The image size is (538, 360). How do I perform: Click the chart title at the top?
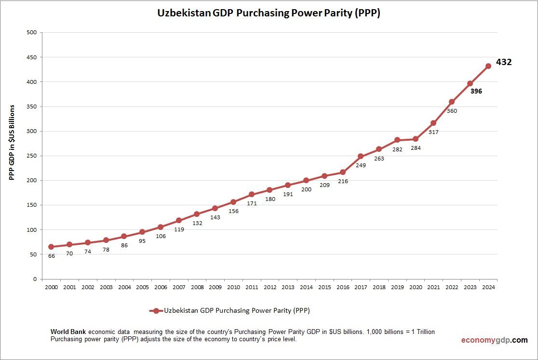[x=269, y=13]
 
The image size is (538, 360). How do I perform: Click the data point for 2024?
[x=488, y=66]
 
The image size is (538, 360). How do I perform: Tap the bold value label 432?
[x=504, y=62]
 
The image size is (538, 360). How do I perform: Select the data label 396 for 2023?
[x=476, y=91]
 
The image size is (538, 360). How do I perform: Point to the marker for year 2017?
[x=361, y=156]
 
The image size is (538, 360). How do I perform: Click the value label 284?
[x=416, y=148]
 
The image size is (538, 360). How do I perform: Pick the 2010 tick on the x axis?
[x=233, y=287]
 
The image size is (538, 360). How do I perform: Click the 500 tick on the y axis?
[x=32, y=33]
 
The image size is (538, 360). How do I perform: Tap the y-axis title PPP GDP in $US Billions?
[x=13, y=143]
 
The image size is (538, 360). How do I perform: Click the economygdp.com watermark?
[x=494, y=340]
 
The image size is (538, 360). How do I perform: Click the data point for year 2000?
[x=51, y=247]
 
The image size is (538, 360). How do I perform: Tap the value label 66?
[x=51, y=256]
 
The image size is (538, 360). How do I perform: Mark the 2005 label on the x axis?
[x=142, y=287]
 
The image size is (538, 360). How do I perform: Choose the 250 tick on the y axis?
[x=32, y=156]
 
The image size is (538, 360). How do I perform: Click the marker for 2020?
[x=416, y=139]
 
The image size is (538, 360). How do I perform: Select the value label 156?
[x=233, y=211]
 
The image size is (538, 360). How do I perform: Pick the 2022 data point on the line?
[x=452, y=102]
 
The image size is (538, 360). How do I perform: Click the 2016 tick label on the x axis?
[x=343, y=287]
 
